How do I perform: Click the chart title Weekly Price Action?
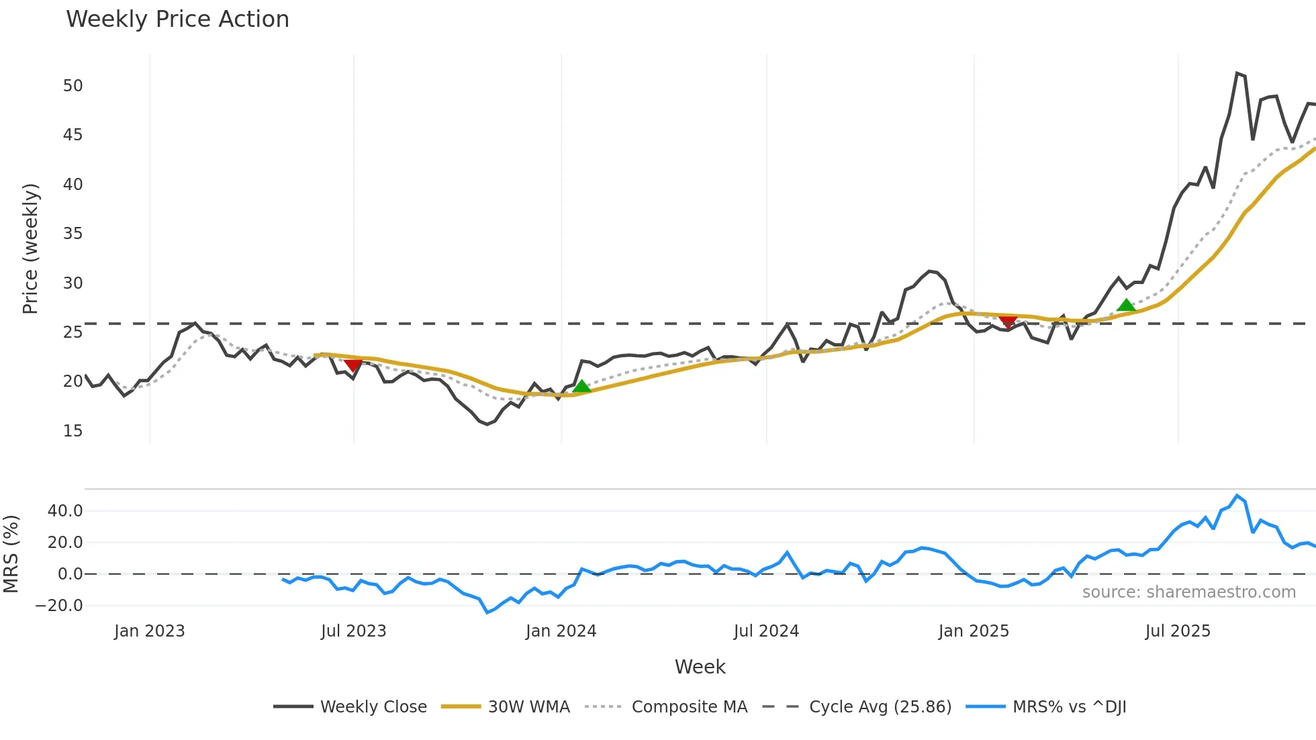[177, 19]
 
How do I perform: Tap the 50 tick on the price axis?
[73, 86]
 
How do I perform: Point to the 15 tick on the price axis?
[73, 431]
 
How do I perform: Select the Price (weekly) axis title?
[30, 248]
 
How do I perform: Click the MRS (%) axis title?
[11, 554]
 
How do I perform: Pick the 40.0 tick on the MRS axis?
[65, 511]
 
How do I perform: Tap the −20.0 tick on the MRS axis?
[59, 606]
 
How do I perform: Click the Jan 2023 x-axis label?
[149, 631]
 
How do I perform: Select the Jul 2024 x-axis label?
[766, 631]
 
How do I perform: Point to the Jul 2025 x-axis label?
[1178, 631]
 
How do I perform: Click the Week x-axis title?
[700, 667]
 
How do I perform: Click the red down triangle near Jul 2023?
[353, 365]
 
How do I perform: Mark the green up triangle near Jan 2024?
[582, 386]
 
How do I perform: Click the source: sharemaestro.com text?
[1188, 592]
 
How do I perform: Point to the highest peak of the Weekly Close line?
[1237, 73]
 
